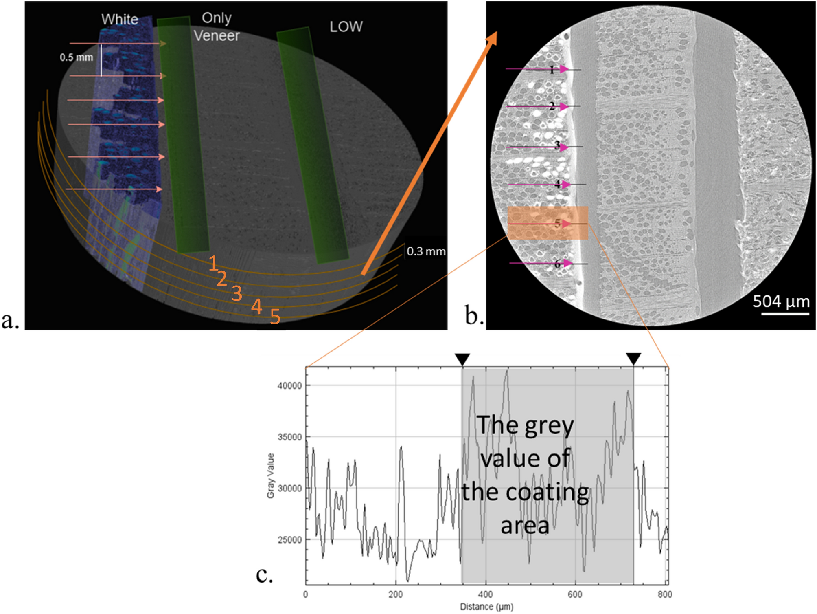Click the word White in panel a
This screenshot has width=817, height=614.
pyautogui.click(x=120, y=20)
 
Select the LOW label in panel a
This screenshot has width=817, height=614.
pyautogui.click(x=346, y=27)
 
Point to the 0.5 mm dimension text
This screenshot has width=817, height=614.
pyautogui.click(x=77, y=57)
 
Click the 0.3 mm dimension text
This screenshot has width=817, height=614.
pyautogui.click(x=426, y=251)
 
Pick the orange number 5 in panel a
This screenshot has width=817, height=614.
pyautogui.click(x=275, y=317)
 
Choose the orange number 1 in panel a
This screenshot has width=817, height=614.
pyautogui.click(x=213, y=264)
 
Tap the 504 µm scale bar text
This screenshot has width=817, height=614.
pyautogui.click(x=781, y=302)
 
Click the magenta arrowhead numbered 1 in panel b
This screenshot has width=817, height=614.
pyautogui.click(x=564, y=69)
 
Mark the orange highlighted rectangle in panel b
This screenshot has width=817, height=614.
pyautogui.click(x=548, y=223)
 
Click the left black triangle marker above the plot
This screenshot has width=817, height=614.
pyautogui.click(x=462, y=360)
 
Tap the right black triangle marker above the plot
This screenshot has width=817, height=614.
pyautogui.click(x=633, y=359)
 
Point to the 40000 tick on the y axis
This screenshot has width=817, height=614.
pyautogui.click(x=289, y=385)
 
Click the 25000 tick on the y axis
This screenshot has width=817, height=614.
pyautogui.click(x=289, y=540)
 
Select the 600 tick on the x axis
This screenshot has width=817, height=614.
pyautogui.click(x=575, y=594)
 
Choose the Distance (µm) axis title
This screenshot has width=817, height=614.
pyautogui.click(x=486, y=607)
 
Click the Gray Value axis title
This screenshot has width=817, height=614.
pyautogui.click(x=271, y=475)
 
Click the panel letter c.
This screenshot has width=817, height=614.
pyautogui.click(x=264, y=574)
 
